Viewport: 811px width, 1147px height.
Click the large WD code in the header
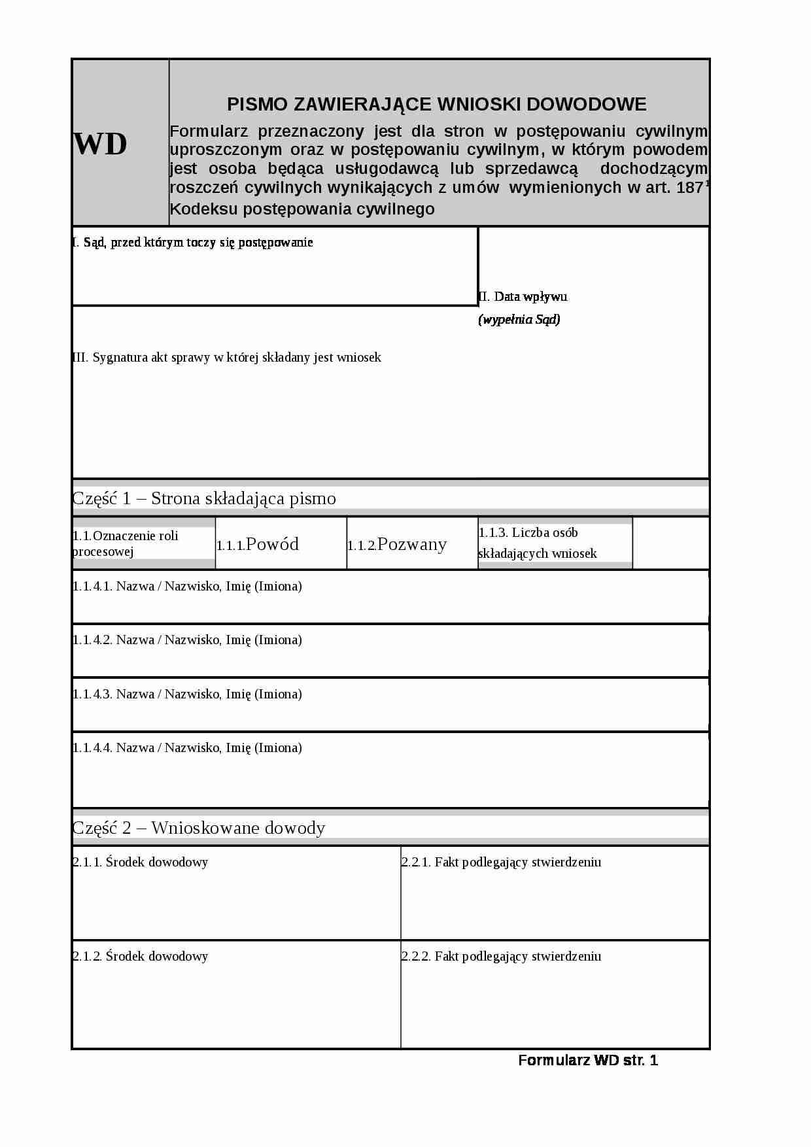tap(100, 144)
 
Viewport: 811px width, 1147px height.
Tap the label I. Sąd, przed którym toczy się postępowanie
tap(193, 243)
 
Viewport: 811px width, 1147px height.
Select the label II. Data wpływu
tap(523, 296)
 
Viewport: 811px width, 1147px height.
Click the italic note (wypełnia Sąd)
tap(519, 320)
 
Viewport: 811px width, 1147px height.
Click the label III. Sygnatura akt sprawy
tap(226, 358)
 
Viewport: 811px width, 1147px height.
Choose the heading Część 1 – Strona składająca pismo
tap(204, 498)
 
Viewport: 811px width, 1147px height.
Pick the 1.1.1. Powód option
tap(258, 544)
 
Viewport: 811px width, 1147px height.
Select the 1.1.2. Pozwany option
tap(397, 544)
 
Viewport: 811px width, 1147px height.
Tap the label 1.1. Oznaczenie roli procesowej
tap(126, 543)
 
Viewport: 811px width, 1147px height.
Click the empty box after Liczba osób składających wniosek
tap(670, 543)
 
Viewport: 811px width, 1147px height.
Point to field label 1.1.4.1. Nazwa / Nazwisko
tap(187, 587)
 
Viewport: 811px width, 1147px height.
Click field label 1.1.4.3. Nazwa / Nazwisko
tap(187, 694)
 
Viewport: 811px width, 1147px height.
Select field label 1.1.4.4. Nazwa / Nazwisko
tap(187, 748)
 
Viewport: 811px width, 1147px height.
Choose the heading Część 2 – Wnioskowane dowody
tap(199, 828)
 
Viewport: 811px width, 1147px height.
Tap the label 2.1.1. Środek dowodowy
tap(140, 863)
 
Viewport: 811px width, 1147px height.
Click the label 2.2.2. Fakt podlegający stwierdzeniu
tap(501, 957)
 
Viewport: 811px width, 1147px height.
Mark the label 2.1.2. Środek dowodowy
tap(140, 957)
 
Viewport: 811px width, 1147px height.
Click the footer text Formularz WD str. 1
tap(588, 1061)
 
